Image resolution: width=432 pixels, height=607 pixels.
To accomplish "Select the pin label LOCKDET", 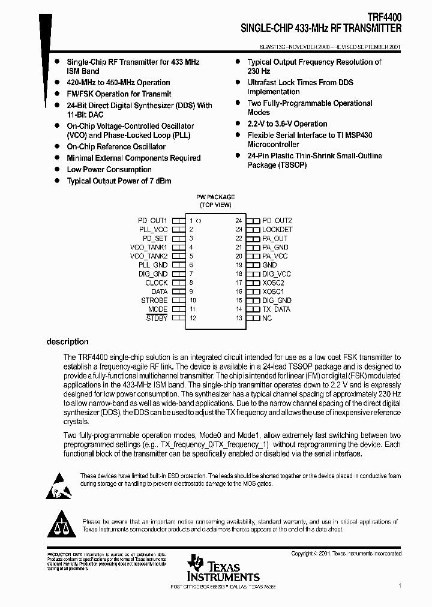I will (x=277, y=230).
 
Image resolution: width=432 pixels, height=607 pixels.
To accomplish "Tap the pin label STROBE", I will (x=154, y=301).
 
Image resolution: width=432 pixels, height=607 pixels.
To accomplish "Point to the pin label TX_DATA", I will (x=276, y=309).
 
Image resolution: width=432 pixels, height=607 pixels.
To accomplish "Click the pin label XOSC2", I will (x=273, y=283).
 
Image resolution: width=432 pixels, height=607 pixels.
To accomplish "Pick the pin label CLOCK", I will (x=157, y=283).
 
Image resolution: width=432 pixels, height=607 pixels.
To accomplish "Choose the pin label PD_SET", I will (x=155, y=238).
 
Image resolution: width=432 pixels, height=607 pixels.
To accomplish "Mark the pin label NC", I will (x=267, y=318).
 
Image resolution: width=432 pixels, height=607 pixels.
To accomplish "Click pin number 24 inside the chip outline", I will (x=238, y=221).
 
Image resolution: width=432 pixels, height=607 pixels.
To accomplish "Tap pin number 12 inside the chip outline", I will (x=193, y=318).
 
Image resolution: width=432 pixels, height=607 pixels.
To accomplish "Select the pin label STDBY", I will (x=157, y=318).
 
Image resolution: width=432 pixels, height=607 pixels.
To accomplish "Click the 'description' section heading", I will (x=67, y=342).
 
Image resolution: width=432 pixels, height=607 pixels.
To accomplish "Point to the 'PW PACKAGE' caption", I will (x=215, y=197).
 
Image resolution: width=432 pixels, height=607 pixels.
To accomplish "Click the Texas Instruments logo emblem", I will (x=195, y=563).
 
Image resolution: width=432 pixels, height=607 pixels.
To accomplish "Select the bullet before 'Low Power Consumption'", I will (x=56, y=170).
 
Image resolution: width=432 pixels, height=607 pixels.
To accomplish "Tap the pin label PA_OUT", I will (x=275, y=238).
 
